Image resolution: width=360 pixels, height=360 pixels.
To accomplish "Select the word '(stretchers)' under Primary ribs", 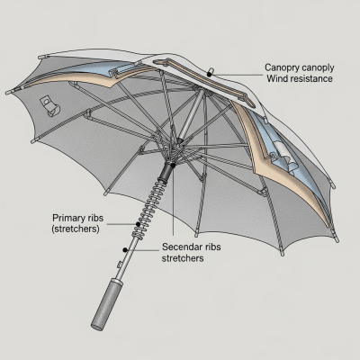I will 76,229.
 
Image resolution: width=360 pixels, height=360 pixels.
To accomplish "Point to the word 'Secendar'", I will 184,247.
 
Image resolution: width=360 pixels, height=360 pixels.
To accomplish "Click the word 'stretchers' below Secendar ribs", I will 184,258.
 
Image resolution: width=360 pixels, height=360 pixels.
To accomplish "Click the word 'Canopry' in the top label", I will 287,67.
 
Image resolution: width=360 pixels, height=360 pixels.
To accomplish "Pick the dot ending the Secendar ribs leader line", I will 123,247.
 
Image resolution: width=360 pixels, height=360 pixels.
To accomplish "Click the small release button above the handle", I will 120,263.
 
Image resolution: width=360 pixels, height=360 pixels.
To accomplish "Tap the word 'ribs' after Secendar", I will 221,247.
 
